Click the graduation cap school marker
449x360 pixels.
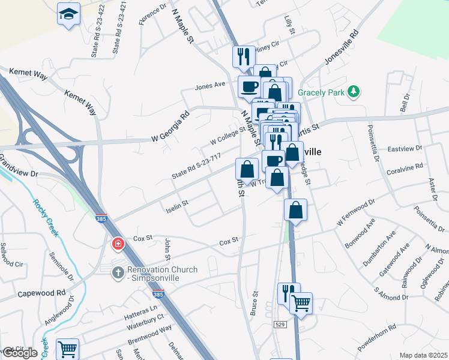point(69,13)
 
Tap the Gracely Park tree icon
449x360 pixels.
point(355,91)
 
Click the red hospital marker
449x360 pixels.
point(118,243)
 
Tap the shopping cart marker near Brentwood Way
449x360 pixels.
point(68,348)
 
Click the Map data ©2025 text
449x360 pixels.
point(423,355)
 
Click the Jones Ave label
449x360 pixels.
point(209,86)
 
